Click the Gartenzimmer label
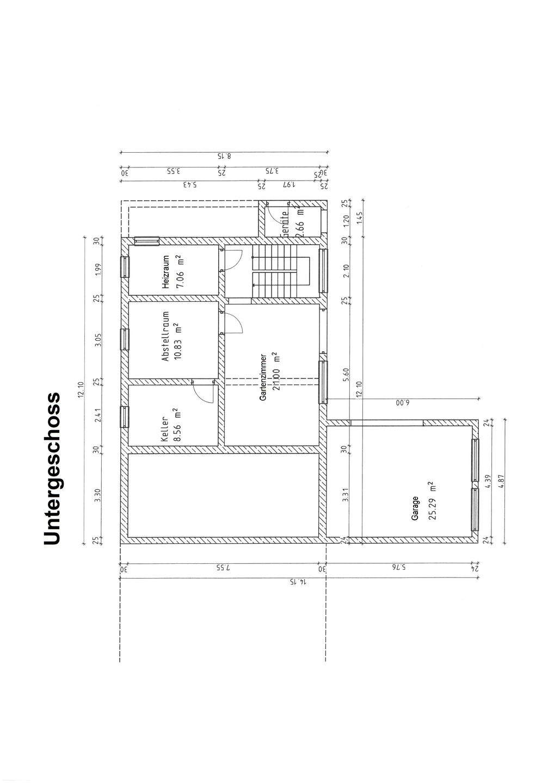coord(262,375)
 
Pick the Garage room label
coord(415,508)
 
